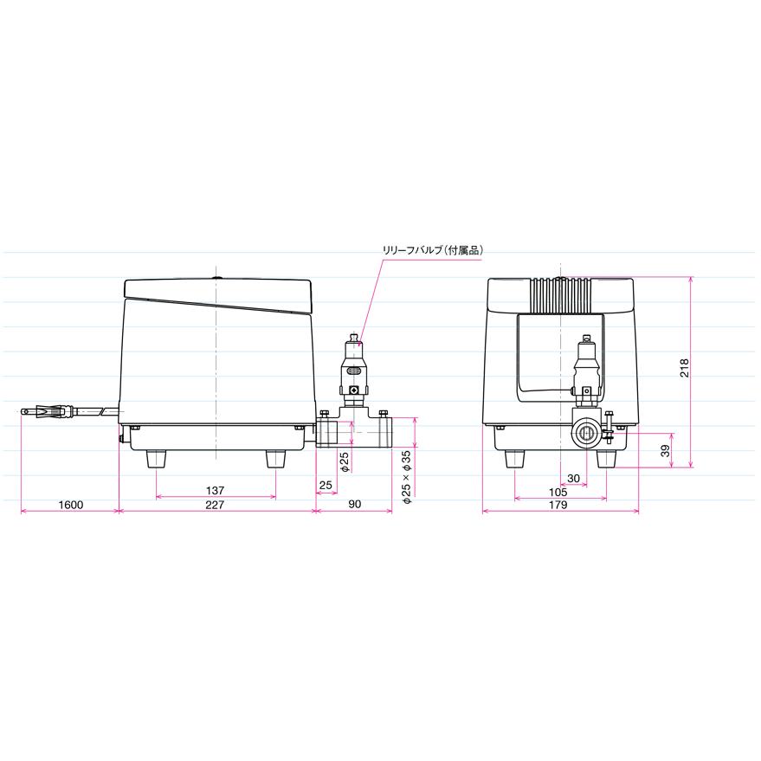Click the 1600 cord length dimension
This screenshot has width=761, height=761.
pos(71,505)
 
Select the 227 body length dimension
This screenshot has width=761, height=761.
pos(215,505)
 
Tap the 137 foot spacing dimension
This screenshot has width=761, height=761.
pos(215,490)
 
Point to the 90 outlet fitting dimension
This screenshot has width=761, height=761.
pos(355,504)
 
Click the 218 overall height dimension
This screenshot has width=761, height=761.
pos(684,368)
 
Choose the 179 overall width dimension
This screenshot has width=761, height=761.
pos(558,505)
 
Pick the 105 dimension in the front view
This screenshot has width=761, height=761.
pos(558,492)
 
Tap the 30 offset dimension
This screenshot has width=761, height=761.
pos(574,478)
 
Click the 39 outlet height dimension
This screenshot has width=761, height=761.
pos(666,451)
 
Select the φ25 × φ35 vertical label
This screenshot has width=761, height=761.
pos(407,476)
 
